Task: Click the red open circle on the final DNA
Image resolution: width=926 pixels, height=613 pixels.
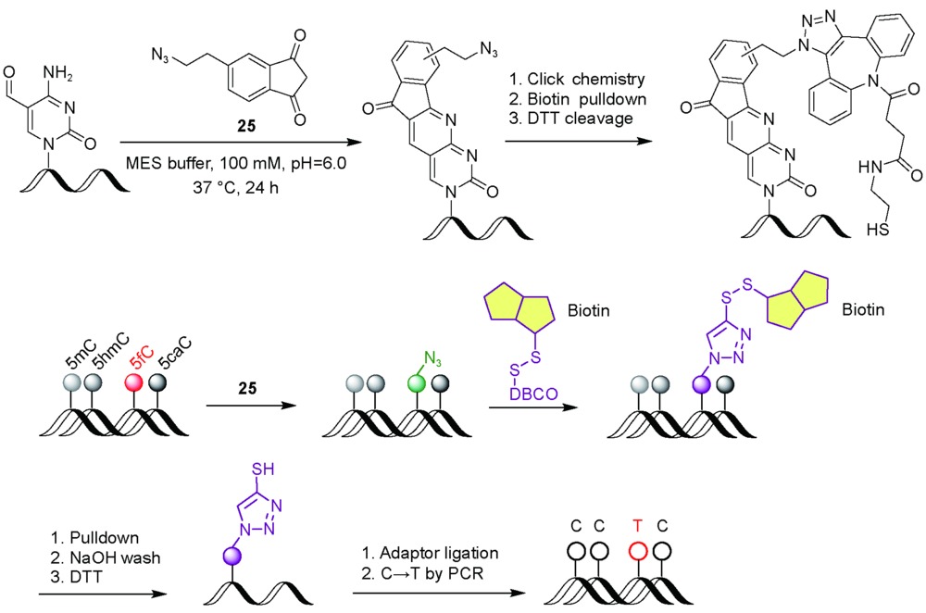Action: (x=636, y=552)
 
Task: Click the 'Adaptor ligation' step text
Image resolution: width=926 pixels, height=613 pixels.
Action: (x=436, y=555)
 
